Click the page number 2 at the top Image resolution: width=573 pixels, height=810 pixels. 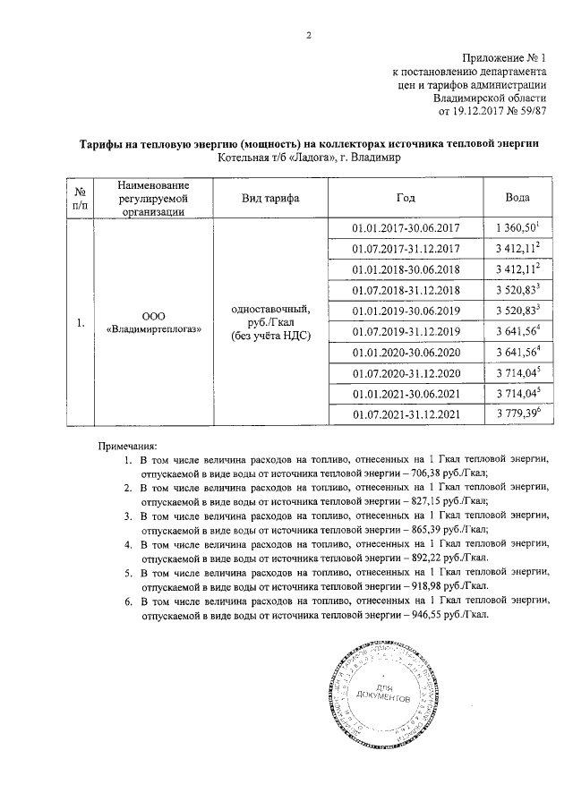(308, 36)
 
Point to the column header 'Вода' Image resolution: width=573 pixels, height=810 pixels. (517, 197)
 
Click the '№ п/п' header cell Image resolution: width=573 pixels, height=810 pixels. (80, 197)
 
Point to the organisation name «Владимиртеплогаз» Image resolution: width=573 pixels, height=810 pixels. (154, 329)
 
